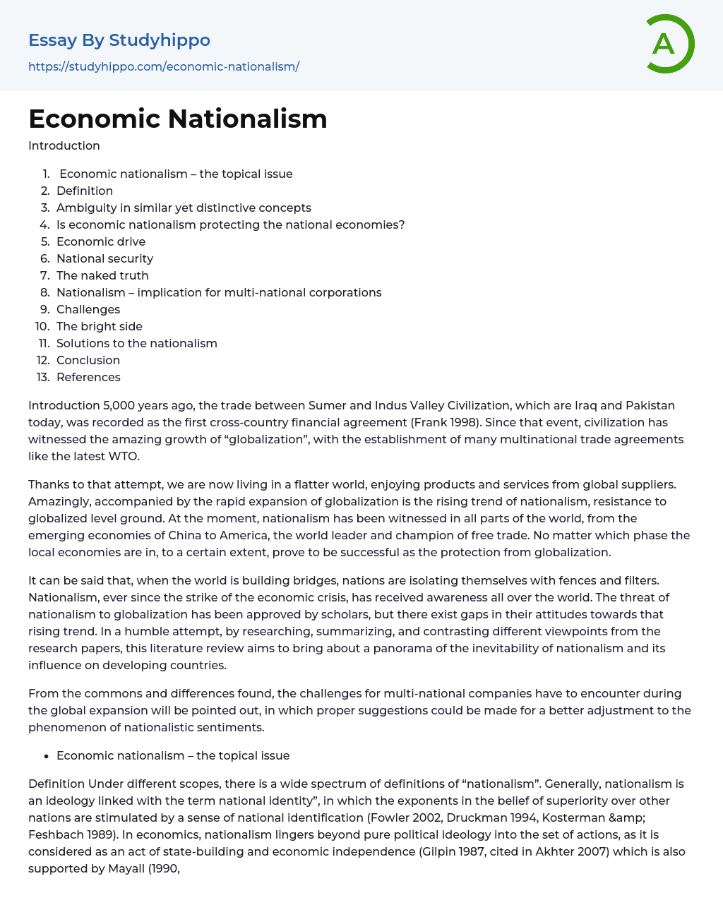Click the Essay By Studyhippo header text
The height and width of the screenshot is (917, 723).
(119, 40)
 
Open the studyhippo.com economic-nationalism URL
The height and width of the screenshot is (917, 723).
(164, 66)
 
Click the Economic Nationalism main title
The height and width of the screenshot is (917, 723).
(178, 119)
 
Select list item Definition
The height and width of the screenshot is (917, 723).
(85, 191)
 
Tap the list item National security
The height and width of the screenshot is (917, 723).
(104, 258)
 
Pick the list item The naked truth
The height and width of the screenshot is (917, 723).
(102, 275)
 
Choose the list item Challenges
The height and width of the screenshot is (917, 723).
(88, 309)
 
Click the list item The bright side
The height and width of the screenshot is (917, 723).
(100, 326)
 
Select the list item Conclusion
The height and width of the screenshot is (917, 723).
(88, 360)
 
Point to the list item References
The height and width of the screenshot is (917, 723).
(88, 377)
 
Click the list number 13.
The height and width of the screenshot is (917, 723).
(43, 377)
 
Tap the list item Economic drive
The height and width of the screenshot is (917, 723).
(101, 241)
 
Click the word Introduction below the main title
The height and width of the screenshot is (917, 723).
(64, 145)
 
